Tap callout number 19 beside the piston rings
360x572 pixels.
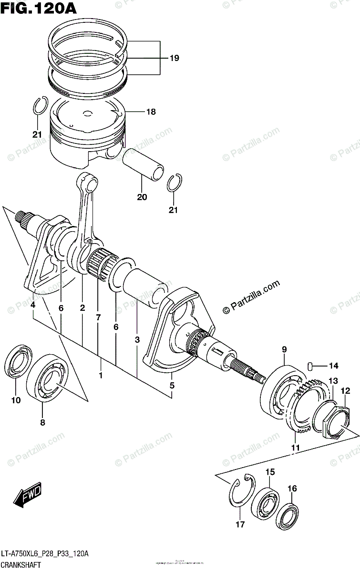174,58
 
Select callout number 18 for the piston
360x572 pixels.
151,112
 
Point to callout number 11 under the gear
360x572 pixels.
296,447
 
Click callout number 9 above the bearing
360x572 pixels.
284,349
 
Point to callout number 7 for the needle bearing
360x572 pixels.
98,317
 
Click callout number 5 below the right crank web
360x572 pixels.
172,385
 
